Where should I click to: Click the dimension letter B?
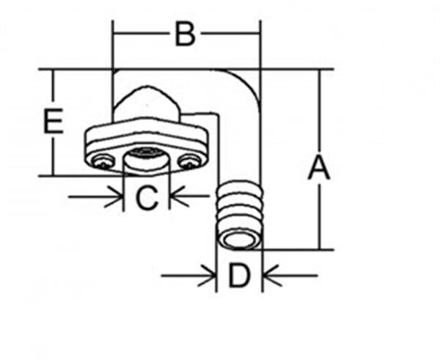click(185, 34)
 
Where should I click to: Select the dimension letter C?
click(147, 197)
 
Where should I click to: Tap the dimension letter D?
click(238, 276)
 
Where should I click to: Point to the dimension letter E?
click(54, 121)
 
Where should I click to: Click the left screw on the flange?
click(103, 162)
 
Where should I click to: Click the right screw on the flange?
click(190, 162)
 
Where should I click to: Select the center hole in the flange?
click(146, 158)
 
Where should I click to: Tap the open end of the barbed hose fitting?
click(239, 240)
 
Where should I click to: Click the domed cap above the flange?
click(146, 104)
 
